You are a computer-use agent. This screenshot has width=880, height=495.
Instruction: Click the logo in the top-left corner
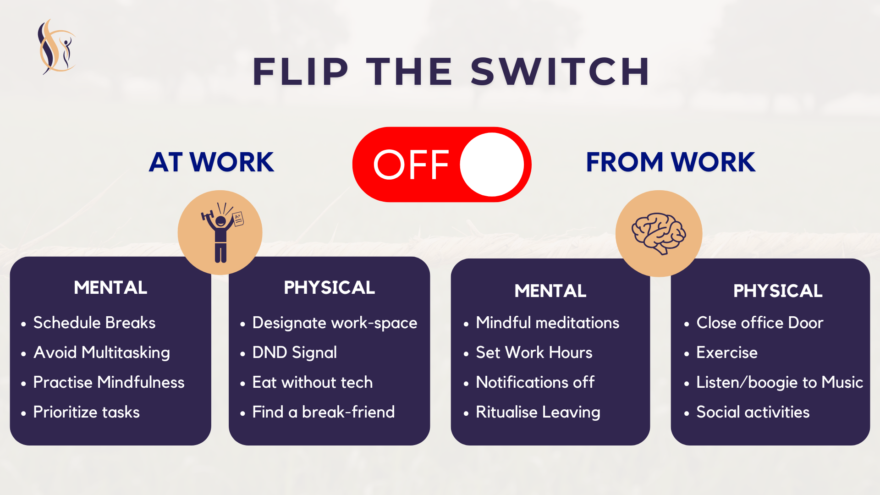click(56, 47)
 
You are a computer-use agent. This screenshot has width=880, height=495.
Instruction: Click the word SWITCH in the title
click(560, 71)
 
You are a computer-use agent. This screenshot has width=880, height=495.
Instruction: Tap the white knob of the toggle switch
click(492, 165)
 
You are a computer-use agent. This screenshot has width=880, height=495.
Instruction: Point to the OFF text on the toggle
click(411, 165)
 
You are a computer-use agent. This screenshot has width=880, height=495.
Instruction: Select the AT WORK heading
click(212, 162)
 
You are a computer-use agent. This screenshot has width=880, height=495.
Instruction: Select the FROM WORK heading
click(671, 162)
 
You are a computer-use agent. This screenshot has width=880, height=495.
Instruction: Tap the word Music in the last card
click(842, 382)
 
